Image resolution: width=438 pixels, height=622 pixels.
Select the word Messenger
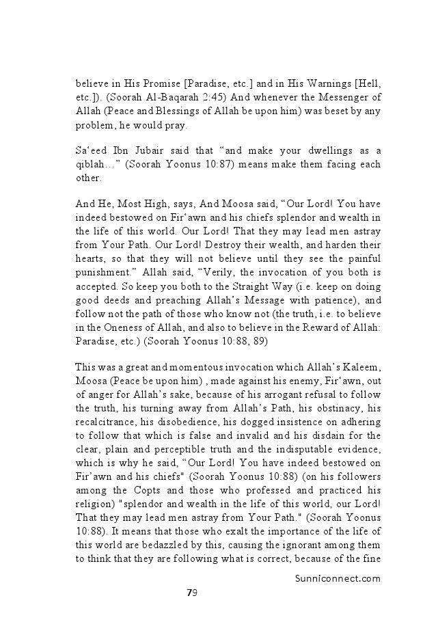click(334, 97)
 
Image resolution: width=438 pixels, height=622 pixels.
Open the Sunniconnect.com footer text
click(333, 578)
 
